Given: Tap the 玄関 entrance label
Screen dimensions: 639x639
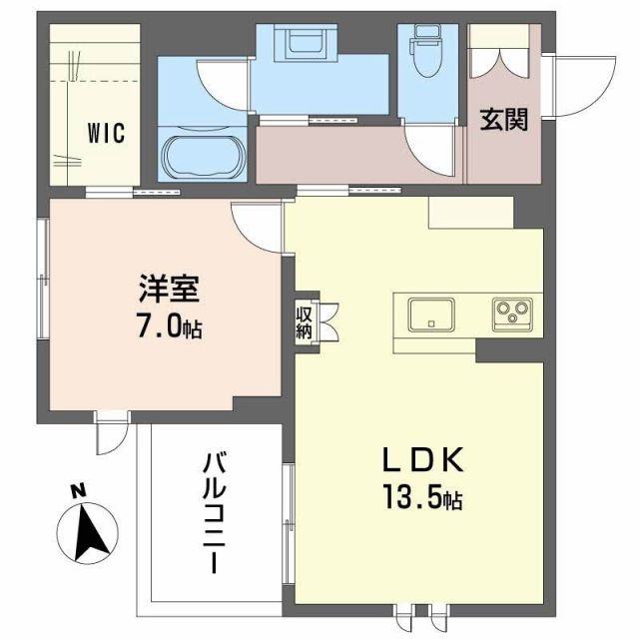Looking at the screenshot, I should click(503, 121).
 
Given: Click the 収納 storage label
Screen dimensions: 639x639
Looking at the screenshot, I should click(304, 321).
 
